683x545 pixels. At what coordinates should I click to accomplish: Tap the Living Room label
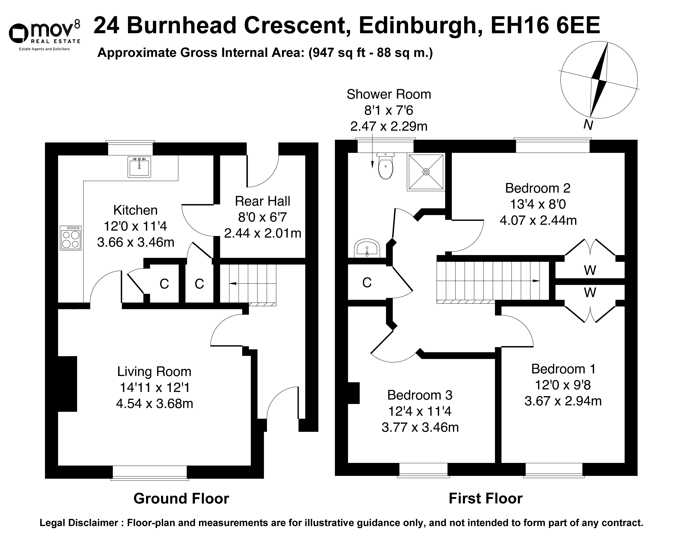point(154,372)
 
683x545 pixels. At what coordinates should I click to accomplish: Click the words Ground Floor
point(181,499)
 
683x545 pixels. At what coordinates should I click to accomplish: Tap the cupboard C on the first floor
point(367,283)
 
